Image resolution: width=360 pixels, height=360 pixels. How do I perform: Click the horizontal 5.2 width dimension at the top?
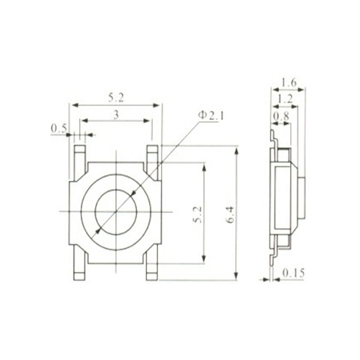coord(116,97)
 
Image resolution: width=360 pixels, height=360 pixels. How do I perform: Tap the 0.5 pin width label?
coord(59,128)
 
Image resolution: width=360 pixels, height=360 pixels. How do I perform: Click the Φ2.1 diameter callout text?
coord(211,116)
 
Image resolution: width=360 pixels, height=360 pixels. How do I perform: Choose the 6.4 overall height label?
coord(230,214)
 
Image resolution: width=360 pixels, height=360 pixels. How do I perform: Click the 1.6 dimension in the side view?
coord(289,82)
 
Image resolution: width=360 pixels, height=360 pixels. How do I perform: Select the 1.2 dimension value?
coord(285,99)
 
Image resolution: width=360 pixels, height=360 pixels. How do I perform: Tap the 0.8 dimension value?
coord(281,116)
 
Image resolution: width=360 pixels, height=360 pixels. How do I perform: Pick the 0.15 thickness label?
coord(293,273)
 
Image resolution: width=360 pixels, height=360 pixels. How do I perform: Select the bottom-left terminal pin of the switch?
coord(80,265)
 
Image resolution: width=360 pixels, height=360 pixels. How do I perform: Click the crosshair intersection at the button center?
coord(116,211)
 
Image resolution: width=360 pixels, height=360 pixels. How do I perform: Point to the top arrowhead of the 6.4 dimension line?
coord(236,150)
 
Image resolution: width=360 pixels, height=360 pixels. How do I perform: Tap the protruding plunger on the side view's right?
coord(302,198)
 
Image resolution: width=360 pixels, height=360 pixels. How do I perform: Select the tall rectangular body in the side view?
coord(283,198)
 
